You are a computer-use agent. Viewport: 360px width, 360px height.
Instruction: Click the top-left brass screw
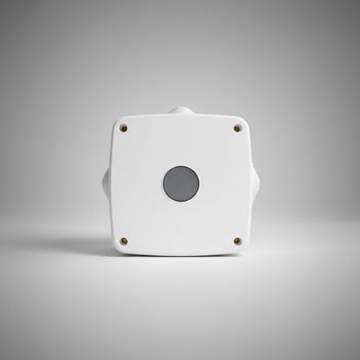point(124,128)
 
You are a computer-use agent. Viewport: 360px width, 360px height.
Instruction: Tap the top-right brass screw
point(237,128)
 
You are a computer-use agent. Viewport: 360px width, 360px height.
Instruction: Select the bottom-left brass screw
point(124,241)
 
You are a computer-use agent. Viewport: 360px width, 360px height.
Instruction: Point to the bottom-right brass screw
point(237,241)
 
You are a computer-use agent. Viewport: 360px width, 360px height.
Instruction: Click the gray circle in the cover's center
point(181,183)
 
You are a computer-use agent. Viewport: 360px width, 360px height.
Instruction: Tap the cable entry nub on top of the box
point(181,111)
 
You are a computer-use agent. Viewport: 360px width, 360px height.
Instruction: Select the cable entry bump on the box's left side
point(106,181)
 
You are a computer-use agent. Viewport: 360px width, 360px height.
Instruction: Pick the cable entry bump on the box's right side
point(254,181)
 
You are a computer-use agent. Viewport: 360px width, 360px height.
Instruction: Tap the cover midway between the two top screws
point(181,128)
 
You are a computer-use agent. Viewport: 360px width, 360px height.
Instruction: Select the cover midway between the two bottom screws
point(181,241)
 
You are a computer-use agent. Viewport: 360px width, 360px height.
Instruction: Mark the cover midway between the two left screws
point(124,184)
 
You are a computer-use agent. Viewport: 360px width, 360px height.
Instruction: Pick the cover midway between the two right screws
point(237,184)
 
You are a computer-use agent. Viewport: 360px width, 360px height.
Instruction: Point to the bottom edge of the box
point(181,254)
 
